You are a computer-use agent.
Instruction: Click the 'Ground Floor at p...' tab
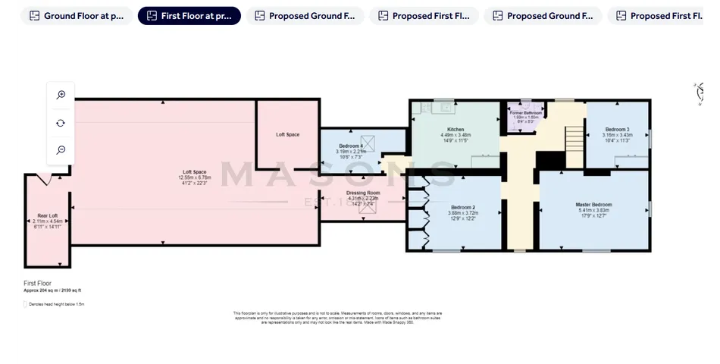tap(77, 16)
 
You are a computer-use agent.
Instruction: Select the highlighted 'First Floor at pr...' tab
tap(189, 16)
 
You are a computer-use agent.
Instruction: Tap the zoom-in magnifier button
tap(61, 95)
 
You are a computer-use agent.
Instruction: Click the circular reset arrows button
tap(61, 123)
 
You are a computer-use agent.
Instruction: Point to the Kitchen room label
tap(455, 130)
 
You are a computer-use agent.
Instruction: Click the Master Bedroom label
tap(593, 205)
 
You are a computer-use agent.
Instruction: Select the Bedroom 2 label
tap(463, 207)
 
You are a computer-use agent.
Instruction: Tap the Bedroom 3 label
tap(617, 129)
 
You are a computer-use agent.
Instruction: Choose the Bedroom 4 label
tap(351, 146)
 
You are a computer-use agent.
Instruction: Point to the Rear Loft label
tap(48, 215)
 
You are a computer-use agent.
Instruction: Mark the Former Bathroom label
tap(525, 112)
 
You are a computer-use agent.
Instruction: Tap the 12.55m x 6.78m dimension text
tap(194, 177)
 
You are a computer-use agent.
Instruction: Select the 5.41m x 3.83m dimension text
tap(593, 210)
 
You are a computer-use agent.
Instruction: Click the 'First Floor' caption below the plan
tap(38, 282)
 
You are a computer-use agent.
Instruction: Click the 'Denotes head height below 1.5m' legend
tap(55, 304)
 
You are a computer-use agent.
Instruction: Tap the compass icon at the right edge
tap(700, 92)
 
